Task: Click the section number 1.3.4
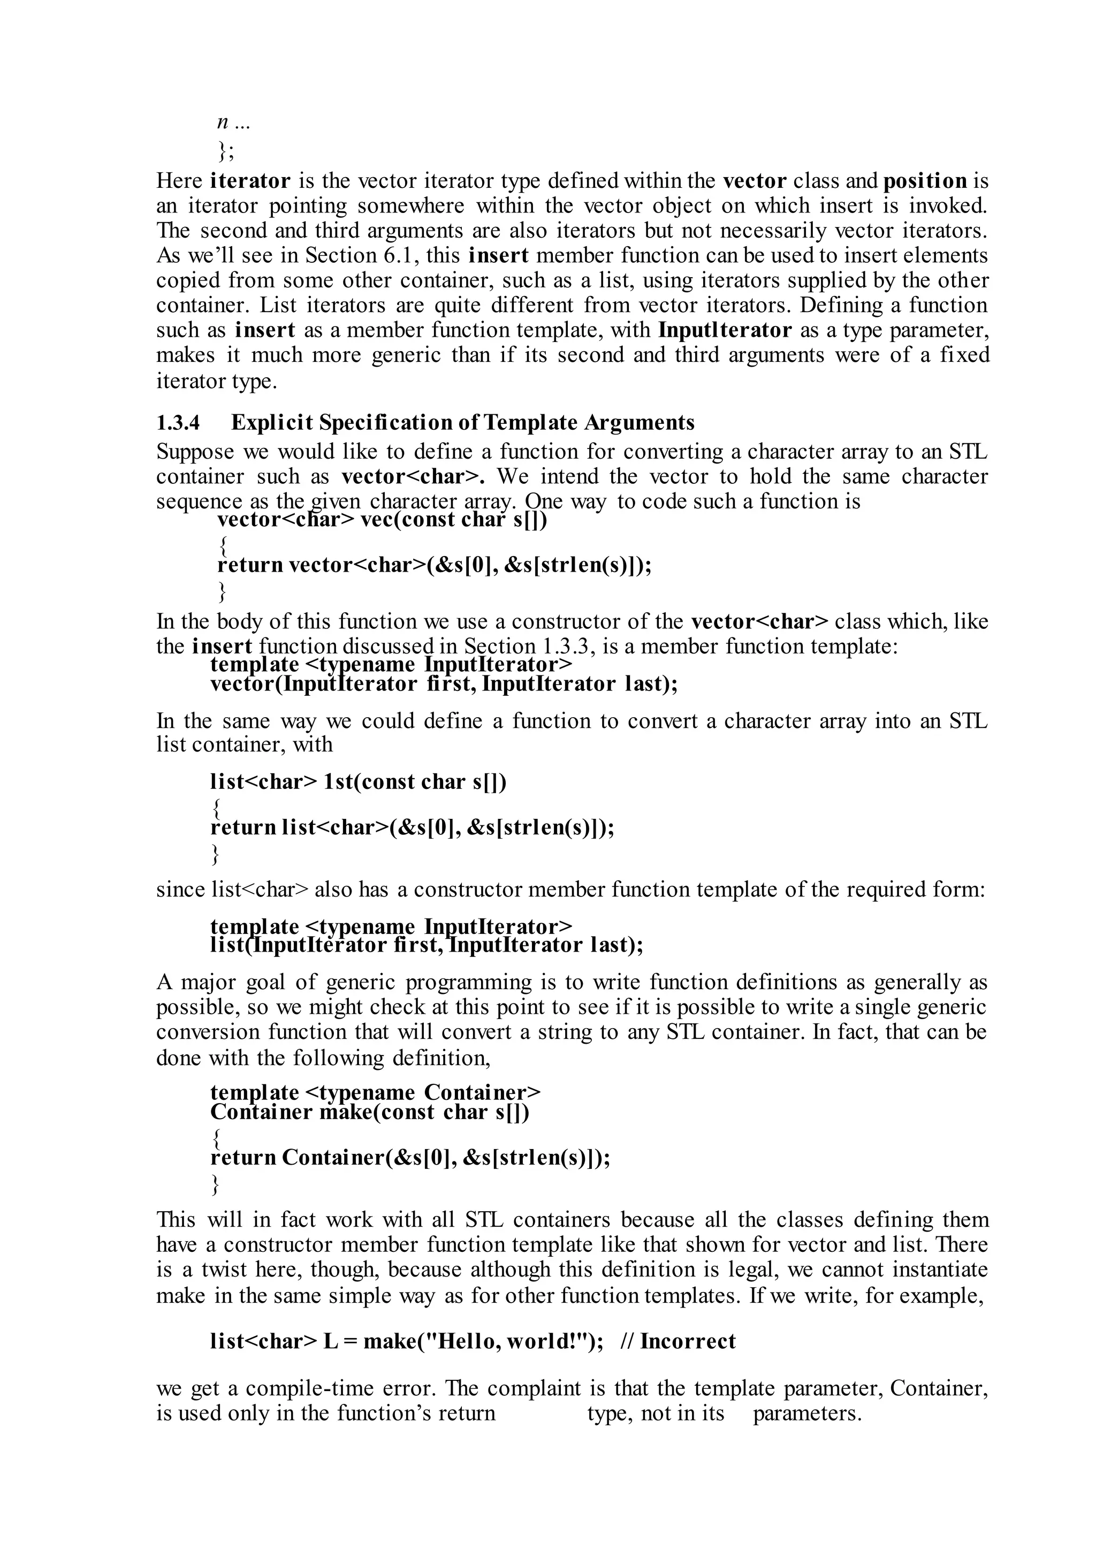[178, 423]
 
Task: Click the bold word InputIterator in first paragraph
[724, 330]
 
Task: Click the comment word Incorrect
[688, 1341]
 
